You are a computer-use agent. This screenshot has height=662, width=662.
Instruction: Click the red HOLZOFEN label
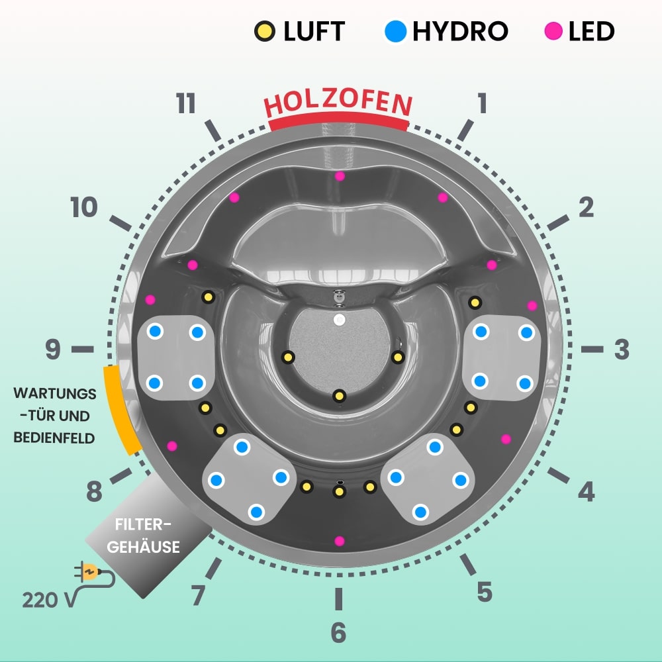coord(338,104)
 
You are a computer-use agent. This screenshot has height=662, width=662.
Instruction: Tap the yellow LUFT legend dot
coord(265,30)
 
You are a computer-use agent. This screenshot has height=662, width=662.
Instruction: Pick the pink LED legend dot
coord(553,30)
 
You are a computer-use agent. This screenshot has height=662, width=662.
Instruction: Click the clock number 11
coord(186,104)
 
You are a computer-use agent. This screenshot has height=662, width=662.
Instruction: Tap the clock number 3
coord(621,350)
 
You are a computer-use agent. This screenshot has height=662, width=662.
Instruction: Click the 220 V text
coord(47,600)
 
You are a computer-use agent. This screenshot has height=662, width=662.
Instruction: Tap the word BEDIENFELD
coord(55,438)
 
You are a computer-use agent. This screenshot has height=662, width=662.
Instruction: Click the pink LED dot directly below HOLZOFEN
coord(340,176)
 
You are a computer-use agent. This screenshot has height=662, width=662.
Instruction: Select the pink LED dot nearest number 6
coord(340,541)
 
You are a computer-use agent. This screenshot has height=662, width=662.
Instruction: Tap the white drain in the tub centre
coord(340,320)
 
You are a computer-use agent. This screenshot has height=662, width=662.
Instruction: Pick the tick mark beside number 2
coord(557,223)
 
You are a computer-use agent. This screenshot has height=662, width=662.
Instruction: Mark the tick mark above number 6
coord(338,598)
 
